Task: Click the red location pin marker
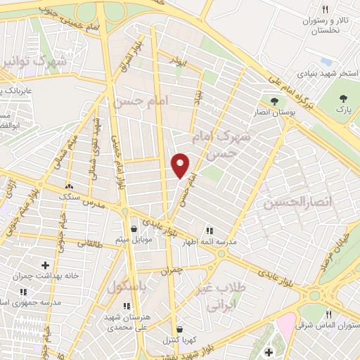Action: point(181,165)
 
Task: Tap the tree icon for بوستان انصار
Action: point(274,101)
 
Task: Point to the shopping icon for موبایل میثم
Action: point(134,229)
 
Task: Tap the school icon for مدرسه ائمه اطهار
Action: point(209,230)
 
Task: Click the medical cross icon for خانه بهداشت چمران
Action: point(46,265)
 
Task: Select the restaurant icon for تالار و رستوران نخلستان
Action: point(324,9)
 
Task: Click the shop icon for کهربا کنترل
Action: point(179,328)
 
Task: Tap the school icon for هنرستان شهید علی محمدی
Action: point(127,306)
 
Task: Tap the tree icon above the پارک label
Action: point(342,99)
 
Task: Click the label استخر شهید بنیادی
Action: point(328,73)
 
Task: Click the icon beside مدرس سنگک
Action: point(69,186)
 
